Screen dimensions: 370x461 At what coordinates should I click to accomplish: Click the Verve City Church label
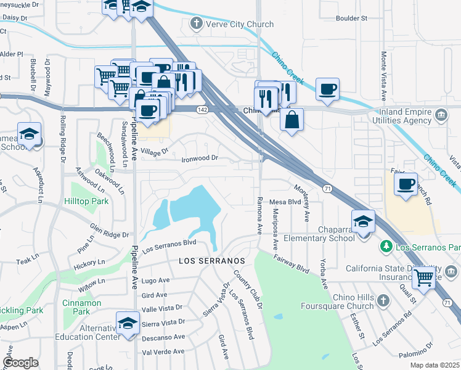(x=234, y=24)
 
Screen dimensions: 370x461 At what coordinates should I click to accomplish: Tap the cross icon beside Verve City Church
(x=197, y=24)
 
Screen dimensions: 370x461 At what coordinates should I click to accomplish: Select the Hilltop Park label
(x=86, y=201)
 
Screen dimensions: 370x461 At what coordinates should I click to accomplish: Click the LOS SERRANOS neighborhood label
(x=212, y=261)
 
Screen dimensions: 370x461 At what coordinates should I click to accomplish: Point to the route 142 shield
(x=202, y=109)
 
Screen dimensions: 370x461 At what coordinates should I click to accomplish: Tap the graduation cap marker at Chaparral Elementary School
(x=364, y=221)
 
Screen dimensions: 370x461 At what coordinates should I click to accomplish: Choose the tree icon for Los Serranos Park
(x=386, y=247)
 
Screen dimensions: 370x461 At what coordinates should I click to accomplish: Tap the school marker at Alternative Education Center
(x=128, y=323)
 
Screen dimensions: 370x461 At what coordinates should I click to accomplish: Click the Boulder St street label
(x=352, y=18)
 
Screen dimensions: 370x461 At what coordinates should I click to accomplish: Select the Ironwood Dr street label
(x=200, y=158)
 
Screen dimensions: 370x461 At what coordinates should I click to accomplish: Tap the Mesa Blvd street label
(x=284, y=202)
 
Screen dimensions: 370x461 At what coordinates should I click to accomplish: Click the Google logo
(x=20, y=363)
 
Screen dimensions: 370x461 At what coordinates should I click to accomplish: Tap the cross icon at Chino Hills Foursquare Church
(x=383, y=300)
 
